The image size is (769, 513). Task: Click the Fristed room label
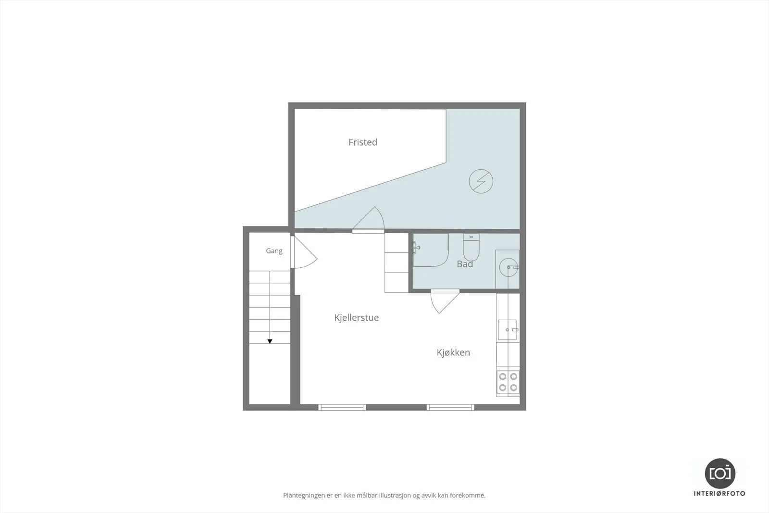[363, 142]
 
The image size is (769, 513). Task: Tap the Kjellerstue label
[356, 318]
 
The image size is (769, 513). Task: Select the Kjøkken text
[453, 352]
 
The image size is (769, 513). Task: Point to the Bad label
[465, 263]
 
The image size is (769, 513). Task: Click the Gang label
[274, 251]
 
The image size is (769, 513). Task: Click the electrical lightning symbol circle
[481, 181]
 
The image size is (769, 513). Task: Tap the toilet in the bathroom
[471, 247]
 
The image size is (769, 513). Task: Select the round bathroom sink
[509, 267]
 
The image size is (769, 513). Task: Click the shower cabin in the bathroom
[431, 250]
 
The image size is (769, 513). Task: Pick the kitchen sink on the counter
[508, 330]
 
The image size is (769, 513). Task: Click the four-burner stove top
[508, 382]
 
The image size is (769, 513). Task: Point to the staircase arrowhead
[270, 341]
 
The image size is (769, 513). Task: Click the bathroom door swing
[445, 301]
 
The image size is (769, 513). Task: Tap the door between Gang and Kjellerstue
[303, 252]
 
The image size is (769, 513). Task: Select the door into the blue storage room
[368, 220]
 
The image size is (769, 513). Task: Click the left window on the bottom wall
[342, 407]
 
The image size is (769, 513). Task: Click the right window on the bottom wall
[450, 407]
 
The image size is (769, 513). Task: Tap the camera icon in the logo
[720, 474]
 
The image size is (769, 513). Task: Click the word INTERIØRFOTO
[719, 494]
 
